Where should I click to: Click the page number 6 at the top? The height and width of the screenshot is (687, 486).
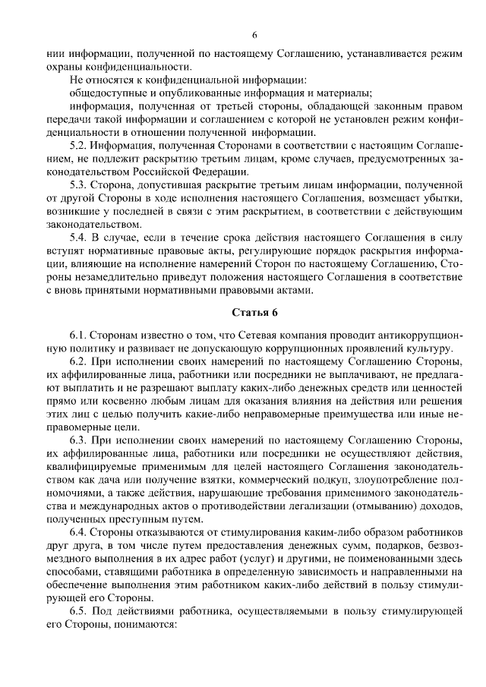tap(255, 34)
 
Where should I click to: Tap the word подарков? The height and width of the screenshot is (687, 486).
tap(357, 548)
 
